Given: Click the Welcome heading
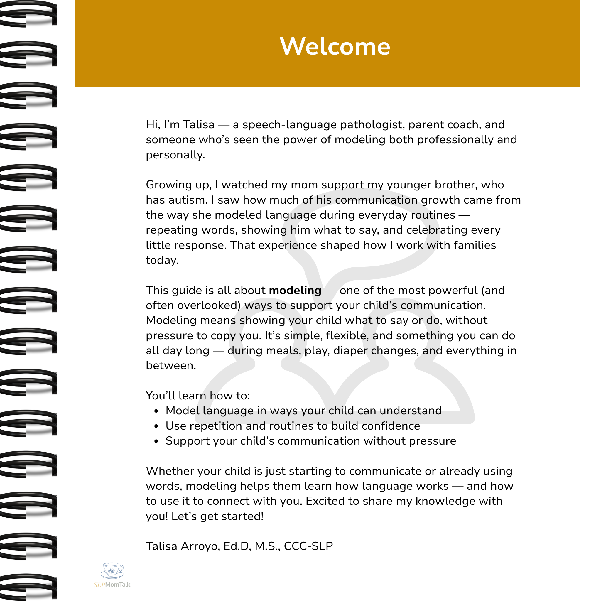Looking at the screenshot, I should click(335, 46).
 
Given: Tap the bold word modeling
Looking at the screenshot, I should click(295, 290).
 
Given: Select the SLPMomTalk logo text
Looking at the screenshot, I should click(112, 585).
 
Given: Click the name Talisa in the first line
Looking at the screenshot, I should click(198, 124).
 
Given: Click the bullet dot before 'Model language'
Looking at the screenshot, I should click(156, 411).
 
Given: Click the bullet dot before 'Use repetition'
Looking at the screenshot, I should click(156, 426).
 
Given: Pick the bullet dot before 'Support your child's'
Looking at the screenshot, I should click(156, 441).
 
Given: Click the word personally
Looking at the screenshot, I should click(175, 155).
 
